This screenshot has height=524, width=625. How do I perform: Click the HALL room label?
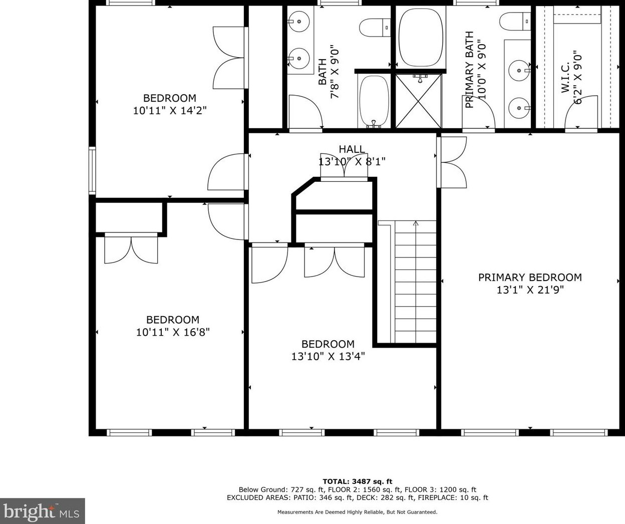[x=352, y=149]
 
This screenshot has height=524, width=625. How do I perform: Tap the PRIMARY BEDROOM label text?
[x=530, y=277]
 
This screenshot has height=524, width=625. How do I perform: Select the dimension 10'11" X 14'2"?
[x=170, y=111]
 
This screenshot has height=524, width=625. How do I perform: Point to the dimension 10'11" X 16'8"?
[x=173, y=332]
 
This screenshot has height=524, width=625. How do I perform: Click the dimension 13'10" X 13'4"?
[x=328, y=356]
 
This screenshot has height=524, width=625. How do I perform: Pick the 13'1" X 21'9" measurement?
[x=530, y=290]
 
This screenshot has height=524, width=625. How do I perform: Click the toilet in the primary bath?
[x=515, y=21]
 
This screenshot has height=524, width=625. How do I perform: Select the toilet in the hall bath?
[x=375, y=28]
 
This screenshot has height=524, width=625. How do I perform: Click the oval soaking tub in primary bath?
[x=421, y=38]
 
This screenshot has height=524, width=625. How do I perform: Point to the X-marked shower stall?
[x=419, y=101]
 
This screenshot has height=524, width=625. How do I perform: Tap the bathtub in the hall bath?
[x=374, y=101]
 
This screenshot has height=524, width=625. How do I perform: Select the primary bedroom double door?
[x=452, y=162]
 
